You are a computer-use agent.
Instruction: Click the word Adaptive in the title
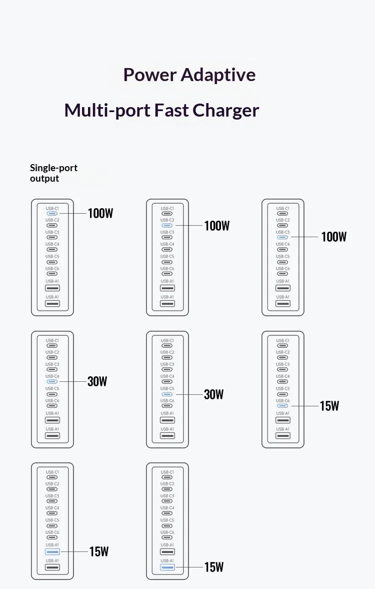(x=218, y=75)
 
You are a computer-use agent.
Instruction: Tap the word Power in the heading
(x=150, y=75)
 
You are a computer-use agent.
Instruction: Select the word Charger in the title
(x=225, y=111)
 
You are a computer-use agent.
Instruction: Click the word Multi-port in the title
(x=107, y=111)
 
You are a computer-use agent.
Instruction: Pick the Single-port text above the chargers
(x=53, y=168)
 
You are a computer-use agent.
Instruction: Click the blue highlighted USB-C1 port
(x=52, y=213)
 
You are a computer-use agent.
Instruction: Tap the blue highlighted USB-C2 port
(x=167, y=225)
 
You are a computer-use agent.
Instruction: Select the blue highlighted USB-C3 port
(x=282, y=237)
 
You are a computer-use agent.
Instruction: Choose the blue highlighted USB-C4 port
(x=52, y=382)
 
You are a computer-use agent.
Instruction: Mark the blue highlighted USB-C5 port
(x=167, y=394)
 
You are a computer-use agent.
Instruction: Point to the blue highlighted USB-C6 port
(x=282, y=406)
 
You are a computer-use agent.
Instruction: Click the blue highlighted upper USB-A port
(x=52, y=552)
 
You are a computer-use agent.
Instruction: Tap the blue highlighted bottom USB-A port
(x=167, y=567)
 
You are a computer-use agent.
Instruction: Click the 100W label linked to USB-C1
(x=100, y=213)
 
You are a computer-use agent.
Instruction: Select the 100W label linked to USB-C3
(x=333, y=237)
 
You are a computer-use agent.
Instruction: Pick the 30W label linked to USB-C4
(x=97, y=382)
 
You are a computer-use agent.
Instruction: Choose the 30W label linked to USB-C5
(x=213, y=394)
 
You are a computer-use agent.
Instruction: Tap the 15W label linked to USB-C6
(x=329, y=406)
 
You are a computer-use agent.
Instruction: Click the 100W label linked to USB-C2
(x=216, y=226)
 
